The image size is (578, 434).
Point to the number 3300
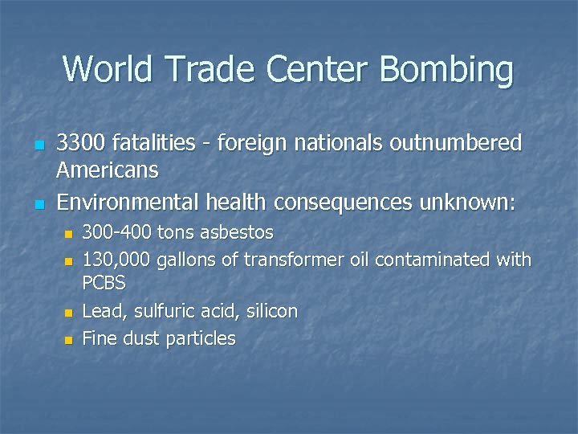[81, 144]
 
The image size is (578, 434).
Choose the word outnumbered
[456, 144]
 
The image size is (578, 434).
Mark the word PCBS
[104, 284]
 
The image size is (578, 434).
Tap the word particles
[201, 338]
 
